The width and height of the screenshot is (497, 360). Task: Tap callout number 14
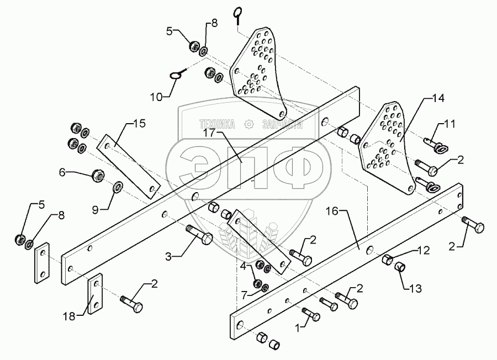(437, 99)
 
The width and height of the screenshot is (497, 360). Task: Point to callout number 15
(140, 124)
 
